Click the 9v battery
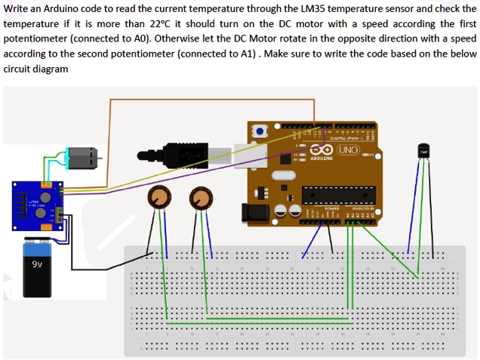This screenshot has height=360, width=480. click(37, 268)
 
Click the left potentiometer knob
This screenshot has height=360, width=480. click(158, 198)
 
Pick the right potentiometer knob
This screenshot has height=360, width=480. click(200, 198)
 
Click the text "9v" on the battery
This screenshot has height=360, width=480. click(37, 265)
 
